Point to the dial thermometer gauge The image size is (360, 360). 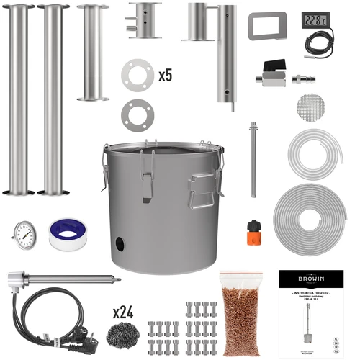pyautogui.click(x=25, y=234)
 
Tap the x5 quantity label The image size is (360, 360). pyautogui.click(x=166, y=74)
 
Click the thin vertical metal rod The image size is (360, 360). pyautogui.click(x=253, y=160)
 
